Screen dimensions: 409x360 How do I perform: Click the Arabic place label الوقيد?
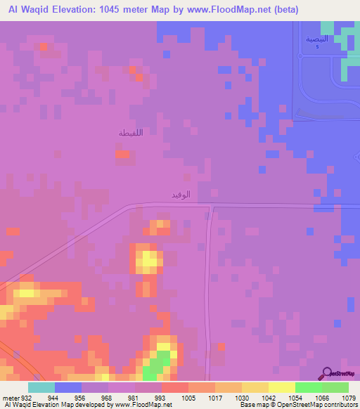[181, 194]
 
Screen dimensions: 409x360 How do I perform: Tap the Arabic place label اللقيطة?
[131, 132]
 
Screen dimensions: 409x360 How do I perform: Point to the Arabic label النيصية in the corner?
[316, 39]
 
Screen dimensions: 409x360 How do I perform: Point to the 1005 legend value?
[188, 397]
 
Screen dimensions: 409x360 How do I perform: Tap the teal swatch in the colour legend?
[41, 387]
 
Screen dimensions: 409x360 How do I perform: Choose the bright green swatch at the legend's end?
[335, 387]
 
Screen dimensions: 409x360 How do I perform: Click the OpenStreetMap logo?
[340, 373]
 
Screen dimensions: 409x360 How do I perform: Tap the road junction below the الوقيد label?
[211, 207]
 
